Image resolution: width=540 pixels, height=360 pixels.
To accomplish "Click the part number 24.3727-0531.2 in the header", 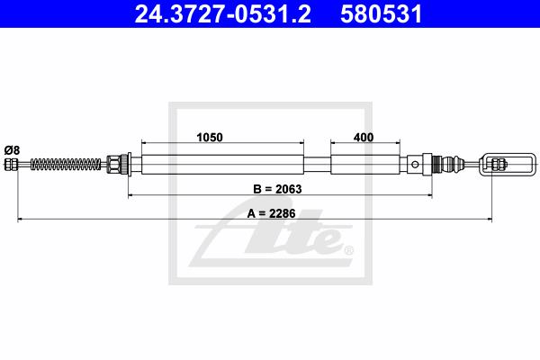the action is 222,14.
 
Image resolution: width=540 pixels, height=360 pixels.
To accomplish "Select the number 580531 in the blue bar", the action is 381,14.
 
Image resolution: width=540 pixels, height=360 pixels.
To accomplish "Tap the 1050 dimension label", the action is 210,137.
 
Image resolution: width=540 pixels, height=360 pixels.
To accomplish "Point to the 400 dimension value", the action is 364,137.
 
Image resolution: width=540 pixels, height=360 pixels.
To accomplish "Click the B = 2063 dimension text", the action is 277,189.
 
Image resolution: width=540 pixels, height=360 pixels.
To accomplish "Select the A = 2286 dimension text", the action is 271,213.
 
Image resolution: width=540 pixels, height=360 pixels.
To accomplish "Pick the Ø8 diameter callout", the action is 12,150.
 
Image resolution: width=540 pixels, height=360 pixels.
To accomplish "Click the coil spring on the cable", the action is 66,164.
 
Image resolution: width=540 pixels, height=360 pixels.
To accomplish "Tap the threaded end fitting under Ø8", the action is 11,164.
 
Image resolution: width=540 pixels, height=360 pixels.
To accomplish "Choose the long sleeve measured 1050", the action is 222,165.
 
